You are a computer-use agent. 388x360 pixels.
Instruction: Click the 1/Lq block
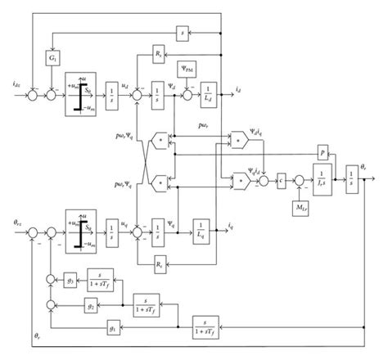tap(200, 225)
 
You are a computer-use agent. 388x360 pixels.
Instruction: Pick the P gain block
tap(323, 152)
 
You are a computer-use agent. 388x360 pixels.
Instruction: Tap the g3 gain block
tap(71, 280)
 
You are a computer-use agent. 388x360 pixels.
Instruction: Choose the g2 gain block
tap(90, 304)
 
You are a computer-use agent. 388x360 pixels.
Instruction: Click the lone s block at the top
tap(183, 33)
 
